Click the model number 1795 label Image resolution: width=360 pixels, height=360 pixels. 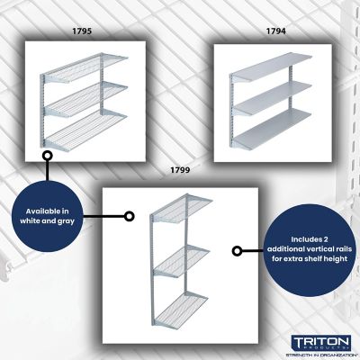[82, 31]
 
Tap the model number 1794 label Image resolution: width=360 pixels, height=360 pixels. [275, 31]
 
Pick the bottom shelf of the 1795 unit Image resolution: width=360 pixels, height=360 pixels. [84, 134]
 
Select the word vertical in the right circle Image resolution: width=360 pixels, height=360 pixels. [312, 247]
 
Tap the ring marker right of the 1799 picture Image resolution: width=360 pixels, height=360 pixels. [238, 251]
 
